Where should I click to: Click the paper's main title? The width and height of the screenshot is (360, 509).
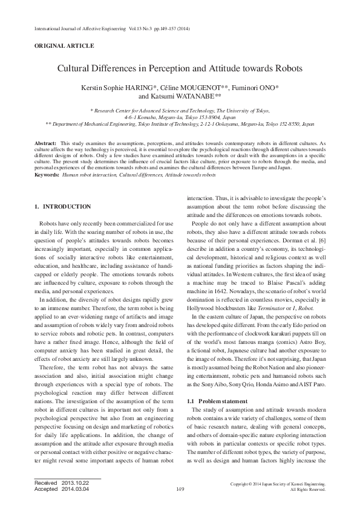pos(180,70)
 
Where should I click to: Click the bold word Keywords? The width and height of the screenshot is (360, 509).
pos(47,174)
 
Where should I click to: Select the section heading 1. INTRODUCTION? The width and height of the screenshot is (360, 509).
pos(64,207)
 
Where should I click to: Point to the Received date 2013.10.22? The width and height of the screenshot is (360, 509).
pos(74,483)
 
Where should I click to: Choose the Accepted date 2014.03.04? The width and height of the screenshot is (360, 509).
pos(74,489)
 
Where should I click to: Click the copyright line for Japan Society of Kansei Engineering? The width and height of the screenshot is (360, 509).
pos(278,484)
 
